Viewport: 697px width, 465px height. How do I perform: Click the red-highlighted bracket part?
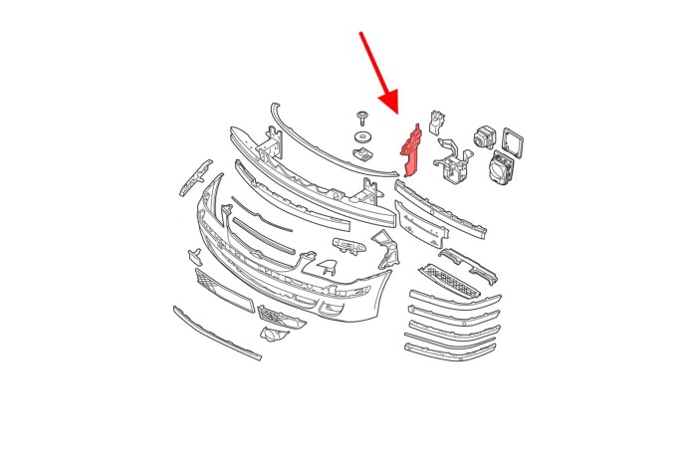point(409,149)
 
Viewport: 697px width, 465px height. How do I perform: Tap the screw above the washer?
point(361,116)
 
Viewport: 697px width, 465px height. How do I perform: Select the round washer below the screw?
point(362,135)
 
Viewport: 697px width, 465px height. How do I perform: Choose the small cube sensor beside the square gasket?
point(485,136)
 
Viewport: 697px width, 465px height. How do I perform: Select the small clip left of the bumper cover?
point(193,256)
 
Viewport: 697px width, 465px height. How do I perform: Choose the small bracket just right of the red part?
point(435,121)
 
